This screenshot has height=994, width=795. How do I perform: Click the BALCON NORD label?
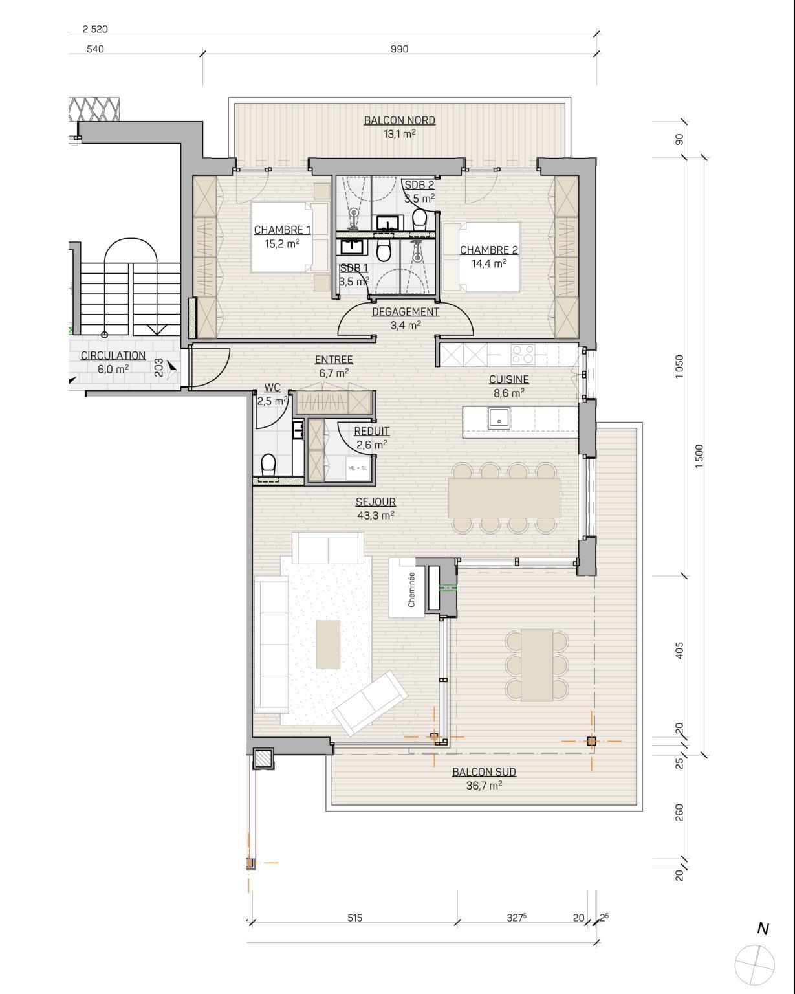point(399,120)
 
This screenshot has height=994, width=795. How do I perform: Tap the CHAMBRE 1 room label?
point(282,230)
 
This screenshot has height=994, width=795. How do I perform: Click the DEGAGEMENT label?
point(406,312)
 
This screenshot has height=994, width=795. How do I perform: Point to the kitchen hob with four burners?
point(522,353)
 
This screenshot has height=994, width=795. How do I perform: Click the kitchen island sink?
point(499,418)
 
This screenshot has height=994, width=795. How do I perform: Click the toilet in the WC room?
point(268,464)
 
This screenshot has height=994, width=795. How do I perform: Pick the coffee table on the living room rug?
point(327,644)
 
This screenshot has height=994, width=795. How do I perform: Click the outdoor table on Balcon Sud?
point(537,665)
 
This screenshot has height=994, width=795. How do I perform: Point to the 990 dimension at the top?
point(399,49)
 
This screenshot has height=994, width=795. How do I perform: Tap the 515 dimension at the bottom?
point(354,918)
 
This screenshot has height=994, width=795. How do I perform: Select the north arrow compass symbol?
point(754,962)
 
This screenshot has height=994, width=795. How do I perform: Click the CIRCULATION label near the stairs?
point(113,355)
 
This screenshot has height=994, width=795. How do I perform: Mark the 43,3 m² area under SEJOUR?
point(375,516)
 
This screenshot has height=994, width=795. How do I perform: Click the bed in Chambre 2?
point(482,257)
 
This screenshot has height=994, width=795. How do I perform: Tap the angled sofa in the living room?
point(370,703)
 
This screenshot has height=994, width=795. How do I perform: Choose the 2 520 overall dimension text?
point(95,29)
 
